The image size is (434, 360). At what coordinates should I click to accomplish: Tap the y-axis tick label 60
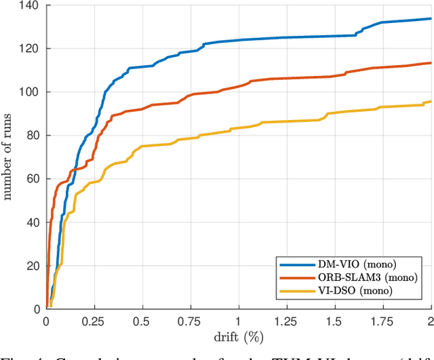(33, 179)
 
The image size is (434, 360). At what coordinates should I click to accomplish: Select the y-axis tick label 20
(33, 266)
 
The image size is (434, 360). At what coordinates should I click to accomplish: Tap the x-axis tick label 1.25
(287, 320)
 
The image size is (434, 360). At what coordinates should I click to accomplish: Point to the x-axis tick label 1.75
(383, 320)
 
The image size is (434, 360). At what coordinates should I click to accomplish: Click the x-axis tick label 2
(431, 320)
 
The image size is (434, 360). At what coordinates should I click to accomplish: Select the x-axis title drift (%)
(239, 334)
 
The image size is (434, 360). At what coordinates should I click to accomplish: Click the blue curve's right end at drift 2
(431, 19)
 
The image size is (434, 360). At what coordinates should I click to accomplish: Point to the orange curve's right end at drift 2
(431, 63)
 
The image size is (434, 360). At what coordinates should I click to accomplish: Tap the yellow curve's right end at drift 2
(431, 101)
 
